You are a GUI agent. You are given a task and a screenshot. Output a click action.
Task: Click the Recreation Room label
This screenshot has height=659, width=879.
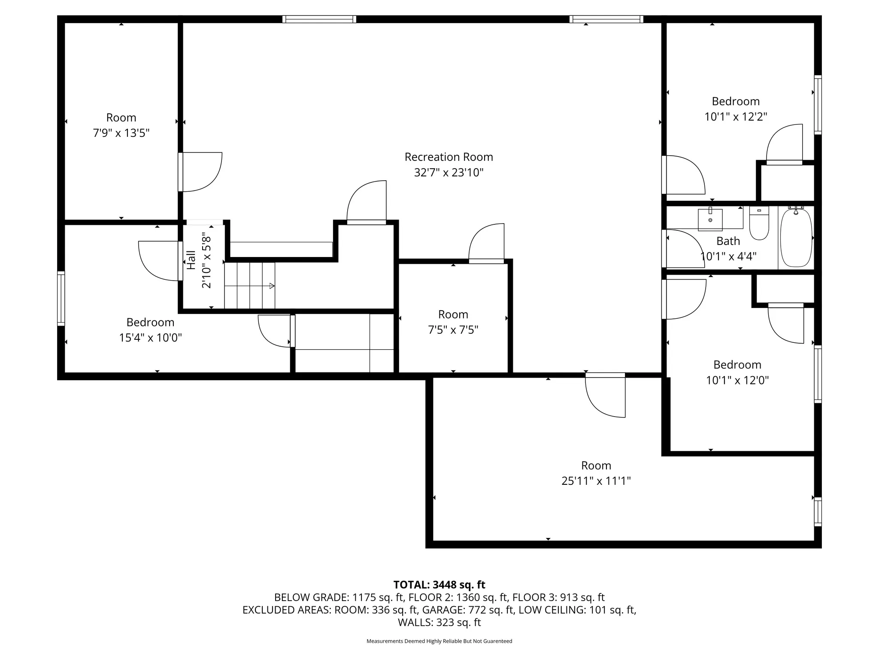[449, 157]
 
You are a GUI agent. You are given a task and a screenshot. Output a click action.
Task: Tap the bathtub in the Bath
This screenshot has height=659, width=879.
[796, 237]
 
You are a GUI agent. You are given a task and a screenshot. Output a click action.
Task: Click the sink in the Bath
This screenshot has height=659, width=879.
[710, 219]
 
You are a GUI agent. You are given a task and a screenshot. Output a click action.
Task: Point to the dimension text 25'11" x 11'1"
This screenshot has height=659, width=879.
[596, 481]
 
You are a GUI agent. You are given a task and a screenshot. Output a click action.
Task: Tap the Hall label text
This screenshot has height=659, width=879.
[191, 260]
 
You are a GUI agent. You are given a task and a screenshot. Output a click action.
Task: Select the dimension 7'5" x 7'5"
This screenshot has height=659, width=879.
[453, 330]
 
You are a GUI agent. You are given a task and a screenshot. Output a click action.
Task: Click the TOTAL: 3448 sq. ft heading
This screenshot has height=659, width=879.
[439, 585]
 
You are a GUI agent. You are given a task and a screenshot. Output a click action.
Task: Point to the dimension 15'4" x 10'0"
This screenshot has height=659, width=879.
[150, 338]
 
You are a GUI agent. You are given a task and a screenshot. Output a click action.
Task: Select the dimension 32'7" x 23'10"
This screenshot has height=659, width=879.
[449, 172]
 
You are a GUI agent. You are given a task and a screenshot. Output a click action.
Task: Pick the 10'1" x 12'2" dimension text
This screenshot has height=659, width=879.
[736, 117]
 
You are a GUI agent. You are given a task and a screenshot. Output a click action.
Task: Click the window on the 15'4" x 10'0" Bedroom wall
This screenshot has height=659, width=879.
[61, 299]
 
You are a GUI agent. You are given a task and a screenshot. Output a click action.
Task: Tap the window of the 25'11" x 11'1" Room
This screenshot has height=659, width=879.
[818, 512]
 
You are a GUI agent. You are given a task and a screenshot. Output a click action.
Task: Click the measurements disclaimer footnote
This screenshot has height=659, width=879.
[439, 641]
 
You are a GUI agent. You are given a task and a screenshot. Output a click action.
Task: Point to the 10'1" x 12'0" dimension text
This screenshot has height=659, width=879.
[737, 380]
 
